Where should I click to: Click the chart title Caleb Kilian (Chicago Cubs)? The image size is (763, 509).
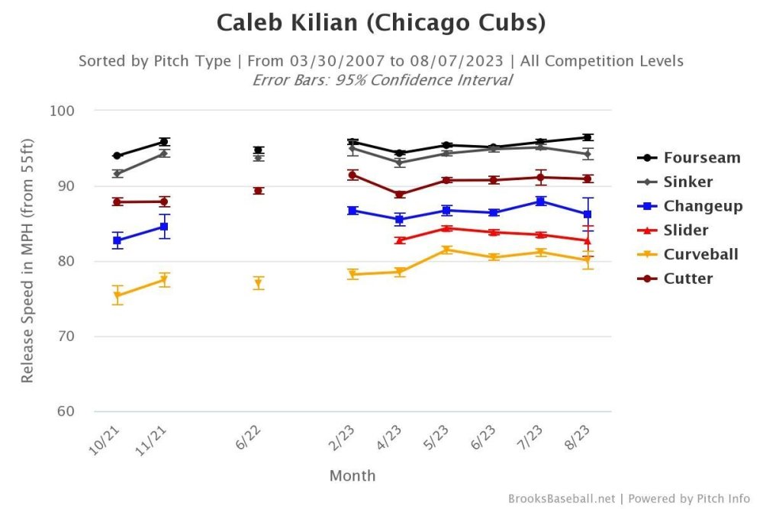click(381, 22)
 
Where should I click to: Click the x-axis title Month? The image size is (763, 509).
click(352, 476)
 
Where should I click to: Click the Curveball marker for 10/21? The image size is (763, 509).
click(118, 295)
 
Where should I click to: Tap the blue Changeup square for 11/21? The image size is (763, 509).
click(164, 227)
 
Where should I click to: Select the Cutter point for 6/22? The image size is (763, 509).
click(259, 191)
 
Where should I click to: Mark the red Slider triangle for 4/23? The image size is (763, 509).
click(399, 240)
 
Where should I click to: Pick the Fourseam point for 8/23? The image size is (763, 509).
click(587, 137)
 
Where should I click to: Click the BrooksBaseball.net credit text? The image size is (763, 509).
click(561, 498)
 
